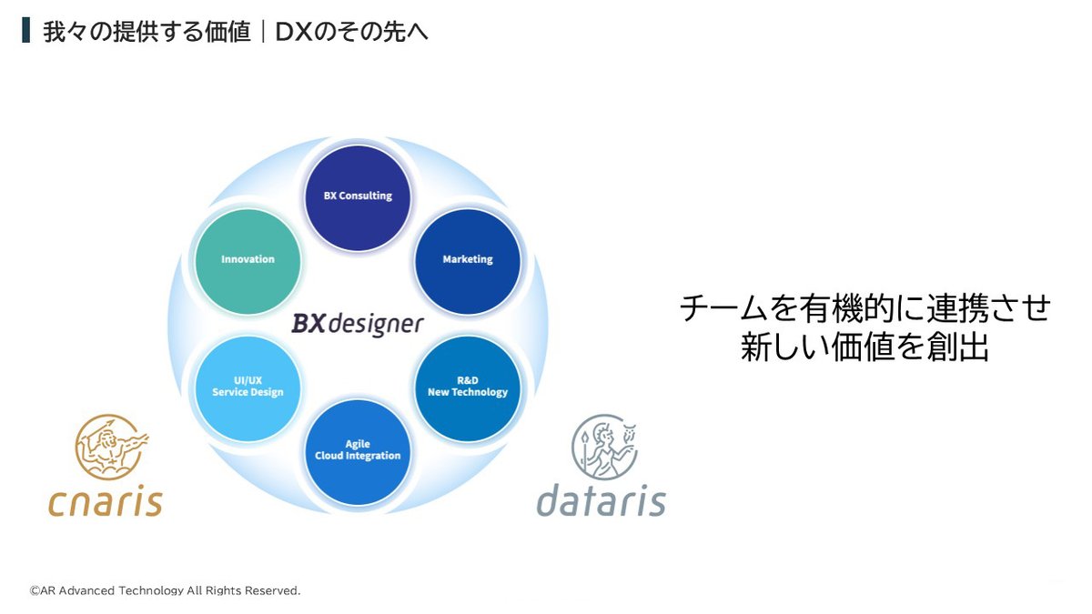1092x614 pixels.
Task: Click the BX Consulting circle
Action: [358, 196]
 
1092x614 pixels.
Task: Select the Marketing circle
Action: [467, 260]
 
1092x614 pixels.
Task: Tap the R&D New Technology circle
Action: [467, 387]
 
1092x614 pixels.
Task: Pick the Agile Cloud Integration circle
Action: [358, 450]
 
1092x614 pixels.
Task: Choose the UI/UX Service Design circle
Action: [248, 387]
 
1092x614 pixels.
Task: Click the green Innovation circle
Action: [248, 260]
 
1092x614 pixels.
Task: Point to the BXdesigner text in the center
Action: [358, 324]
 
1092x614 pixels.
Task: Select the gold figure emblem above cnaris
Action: [110, 447]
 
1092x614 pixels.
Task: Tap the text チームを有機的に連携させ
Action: [864, 308]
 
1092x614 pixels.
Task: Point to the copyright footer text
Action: [164, 591]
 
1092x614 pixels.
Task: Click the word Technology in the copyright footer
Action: [151, 591]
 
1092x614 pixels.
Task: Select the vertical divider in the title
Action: [263, 32]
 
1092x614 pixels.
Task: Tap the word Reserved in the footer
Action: [270, 591]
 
